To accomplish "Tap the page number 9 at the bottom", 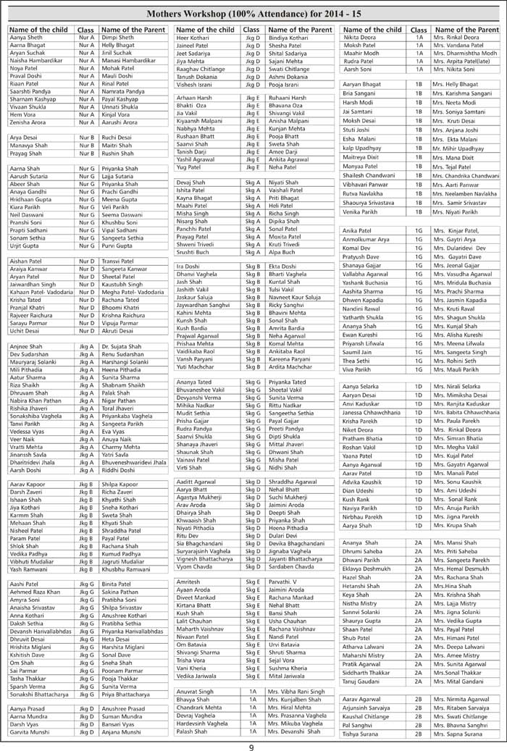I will [x=251, y=743].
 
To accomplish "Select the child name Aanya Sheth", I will [x=26, y=38].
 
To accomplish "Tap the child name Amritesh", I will [x=190, y=582].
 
